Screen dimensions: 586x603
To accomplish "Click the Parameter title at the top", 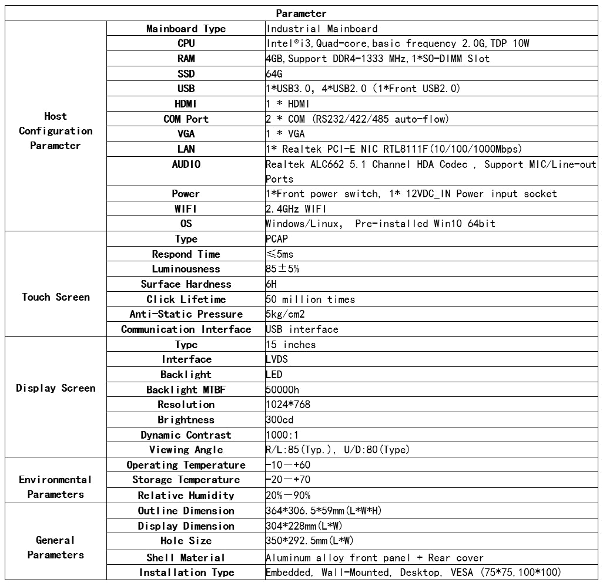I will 301,14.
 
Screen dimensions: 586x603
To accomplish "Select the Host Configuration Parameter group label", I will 56,131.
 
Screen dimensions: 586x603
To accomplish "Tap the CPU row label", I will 186,43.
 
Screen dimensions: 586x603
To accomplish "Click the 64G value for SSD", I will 274,74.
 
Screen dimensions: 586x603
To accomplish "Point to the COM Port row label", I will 186,119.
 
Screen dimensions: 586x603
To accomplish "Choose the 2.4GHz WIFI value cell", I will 296,209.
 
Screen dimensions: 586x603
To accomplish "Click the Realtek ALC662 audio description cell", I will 430,171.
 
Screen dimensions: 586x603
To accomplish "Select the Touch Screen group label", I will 56,297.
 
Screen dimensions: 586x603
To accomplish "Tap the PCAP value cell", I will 277,239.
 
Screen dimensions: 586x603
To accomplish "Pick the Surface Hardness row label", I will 186,284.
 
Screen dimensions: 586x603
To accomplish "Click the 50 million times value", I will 310,299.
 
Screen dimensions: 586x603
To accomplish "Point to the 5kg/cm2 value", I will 285,314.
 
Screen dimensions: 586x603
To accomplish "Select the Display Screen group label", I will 56,388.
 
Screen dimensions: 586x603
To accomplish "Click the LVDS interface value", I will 277,359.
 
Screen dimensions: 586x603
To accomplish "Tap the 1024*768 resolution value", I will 288,405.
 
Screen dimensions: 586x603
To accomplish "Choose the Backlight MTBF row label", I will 186,390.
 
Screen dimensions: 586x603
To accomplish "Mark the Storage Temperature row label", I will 186,480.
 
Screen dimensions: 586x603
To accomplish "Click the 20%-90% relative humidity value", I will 288,496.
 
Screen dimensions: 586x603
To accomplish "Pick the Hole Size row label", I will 186,541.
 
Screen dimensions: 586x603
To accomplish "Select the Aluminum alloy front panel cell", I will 374,558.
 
